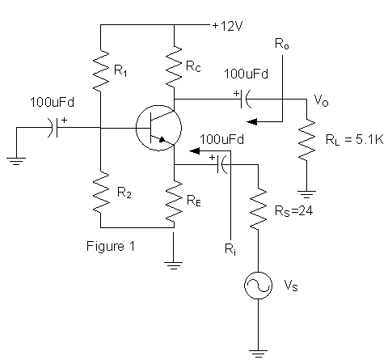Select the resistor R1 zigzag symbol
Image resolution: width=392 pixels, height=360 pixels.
click(x=101, y=71)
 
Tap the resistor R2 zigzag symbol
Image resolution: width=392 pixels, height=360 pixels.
click(x=101, y=191)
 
